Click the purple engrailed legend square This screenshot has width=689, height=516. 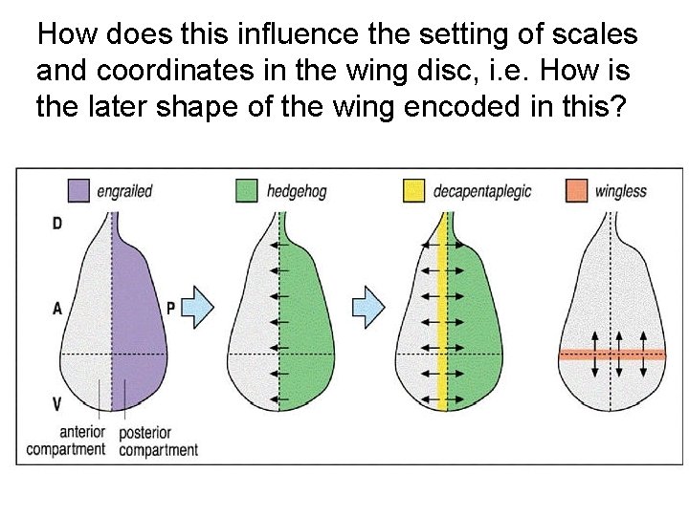click(80, 190)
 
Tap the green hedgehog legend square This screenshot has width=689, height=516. click(248, 190)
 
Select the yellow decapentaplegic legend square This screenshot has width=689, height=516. click(414, 190)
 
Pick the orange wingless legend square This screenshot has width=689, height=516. click(577, 190)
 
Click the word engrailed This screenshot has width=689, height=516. click(124, 191)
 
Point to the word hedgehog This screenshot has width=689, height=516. click(298, 191)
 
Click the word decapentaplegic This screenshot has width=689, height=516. click(482, 191)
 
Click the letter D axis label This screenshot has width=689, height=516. click(57, 224)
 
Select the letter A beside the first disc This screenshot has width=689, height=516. click(57, 309)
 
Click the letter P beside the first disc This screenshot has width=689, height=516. click(171, 309)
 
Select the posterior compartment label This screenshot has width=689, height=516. click(158, 441)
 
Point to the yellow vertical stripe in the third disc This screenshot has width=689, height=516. click(441, 315)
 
